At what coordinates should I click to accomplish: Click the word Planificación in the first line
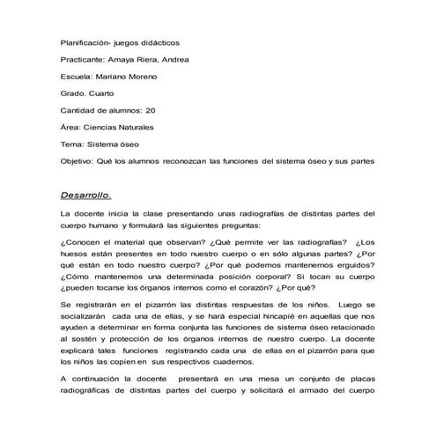tap(88, 41)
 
